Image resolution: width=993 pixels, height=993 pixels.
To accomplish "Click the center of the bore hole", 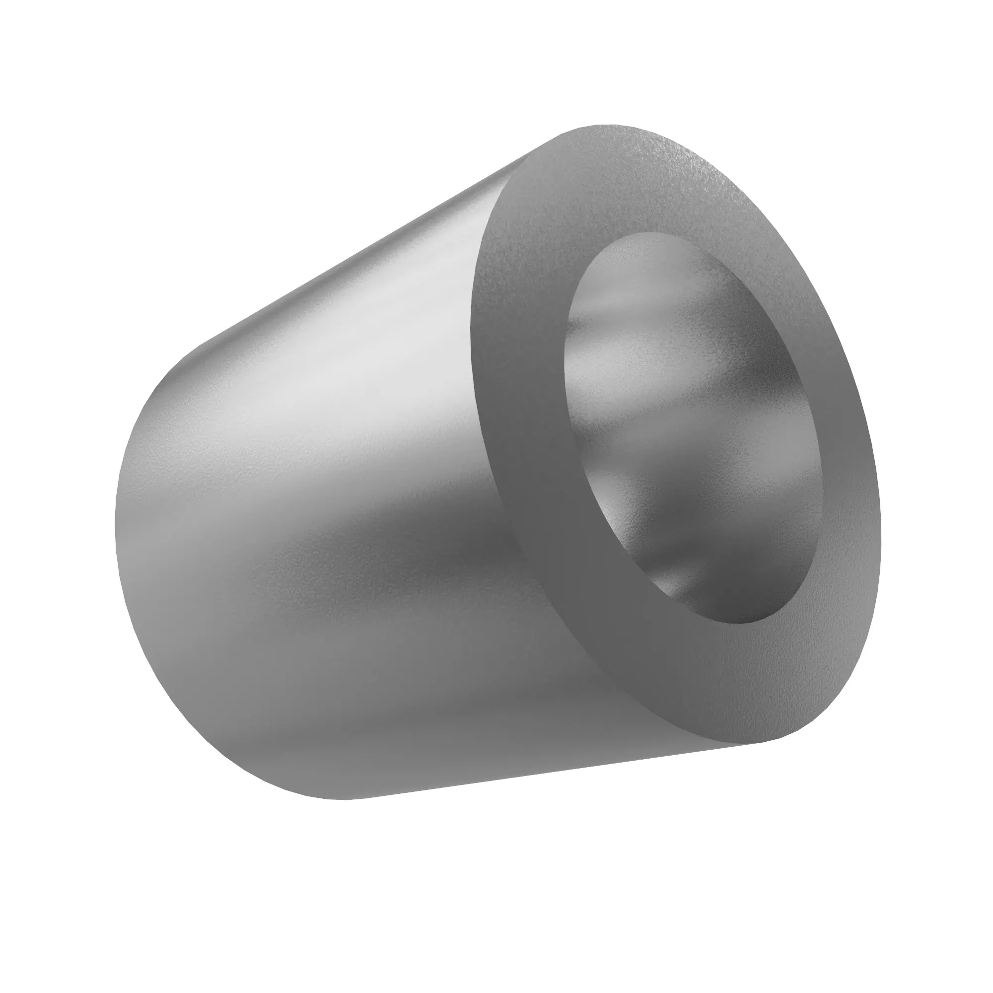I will coord(694,426).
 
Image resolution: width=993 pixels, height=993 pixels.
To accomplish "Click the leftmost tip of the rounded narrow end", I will coord(115,519).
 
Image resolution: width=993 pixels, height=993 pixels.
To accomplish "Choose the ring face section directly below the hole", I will coord(745,684).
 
